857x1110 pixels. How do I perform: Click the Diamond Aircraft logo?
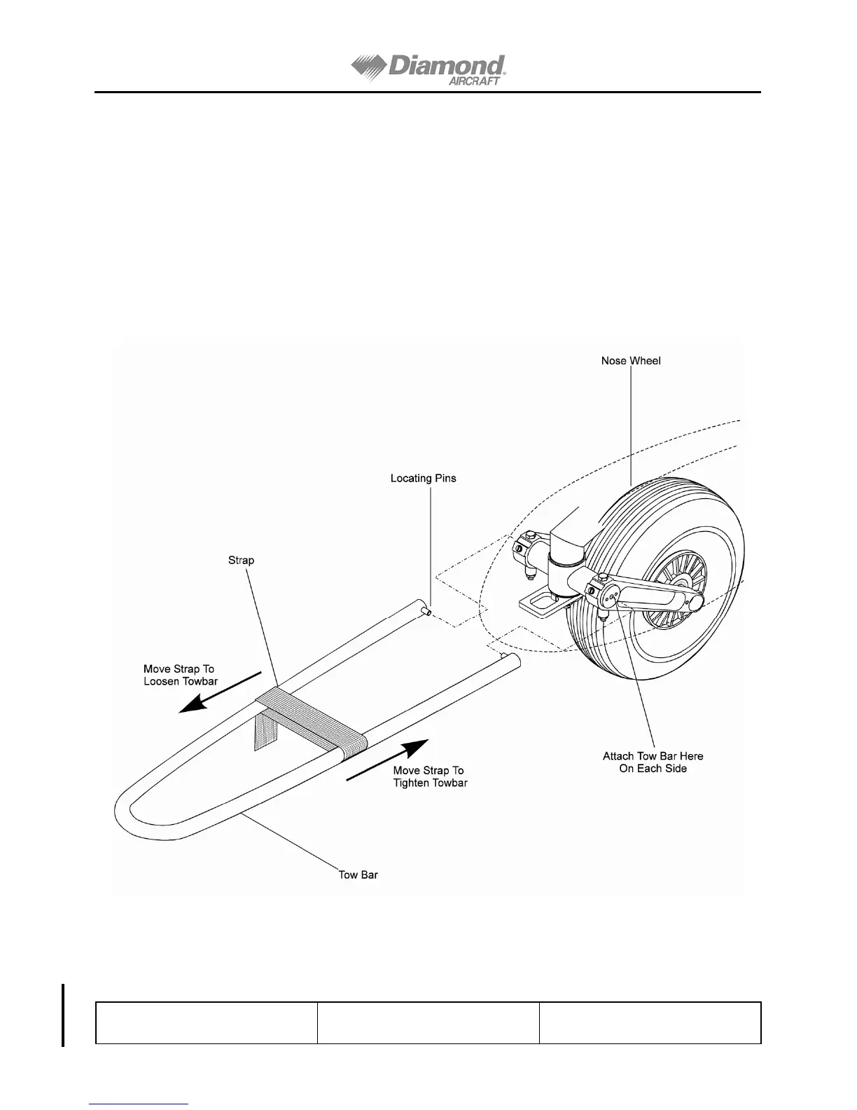pos(428,70)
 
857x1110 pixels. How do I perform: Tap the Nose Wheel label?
pos(630,361)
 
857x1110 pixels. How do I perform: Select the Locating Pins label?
pos(423,479)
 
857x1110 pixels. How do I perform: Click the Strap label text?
pos(241,561)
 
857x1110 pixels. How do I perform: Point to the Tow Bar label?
pos(358,875)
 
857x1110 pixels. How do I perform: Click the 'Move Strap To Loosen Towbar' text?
pos(180,675)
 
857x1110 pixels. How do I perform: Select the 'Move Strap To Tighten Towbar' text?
pos(429,776)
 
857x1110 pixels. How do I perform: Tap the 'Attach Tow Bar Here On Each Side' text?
pos(653,762)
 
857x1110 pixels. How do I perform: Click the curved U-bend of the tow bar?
pos(130,813)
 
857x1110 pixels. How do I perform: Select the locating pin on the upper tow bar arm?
pos(425,612)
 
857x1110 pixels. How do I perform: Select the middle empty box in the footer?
pos(428,1023)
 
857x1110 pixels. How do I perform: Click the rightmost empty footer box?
pos(650,1023)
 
